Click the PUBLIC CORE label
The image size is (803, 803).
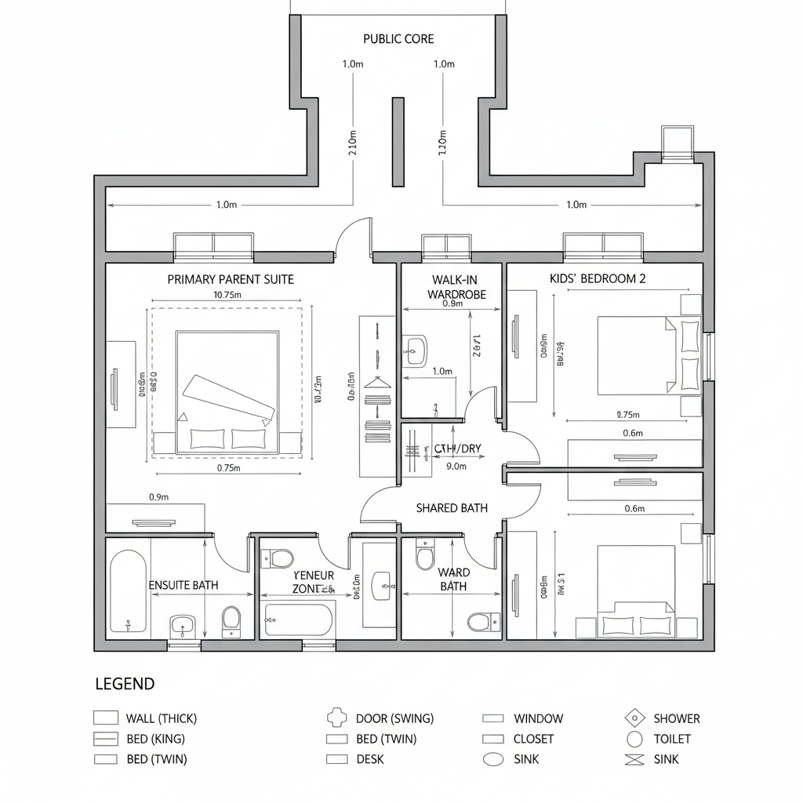[x=398, y=38]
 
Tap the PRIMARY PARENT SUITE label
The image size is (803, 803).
[x=231, y=279]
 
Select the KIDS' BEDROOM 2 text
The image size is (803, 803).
[x=598, y=278]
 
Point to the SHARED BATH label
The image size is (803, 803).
[x=451, y=508]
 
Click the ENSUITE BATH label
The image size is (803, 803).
[x=183, y=585]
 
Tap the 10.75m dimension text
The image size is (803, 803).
[x=227, y=296]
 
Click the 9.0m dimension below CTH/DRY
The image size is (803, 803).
[x=456, y=466]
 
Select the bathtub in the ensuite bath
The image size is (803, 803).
[x=127, y=591]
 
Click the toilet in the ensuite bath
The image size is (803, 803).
[x=231, y=619]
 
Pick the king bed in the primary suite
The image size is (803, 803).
[x=227, y=392]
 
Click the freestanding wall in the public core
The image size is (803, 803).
[x=398, y=142]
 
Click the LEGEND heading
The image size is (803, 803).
[x=125, y=684]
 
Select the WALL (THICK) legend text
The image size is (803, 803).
[x=161, y=718]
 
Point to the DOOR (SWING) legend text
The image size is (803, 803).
[x=394, y=718]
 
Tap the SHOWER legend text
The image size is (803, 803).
[x=676, y=718]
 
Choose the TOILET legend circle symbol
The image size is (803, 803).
[x=634, y=739]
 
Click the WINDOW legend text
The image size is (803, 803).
[x=538, y=718]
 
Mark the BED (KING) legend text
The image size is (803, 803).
[x=155, y=739]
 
